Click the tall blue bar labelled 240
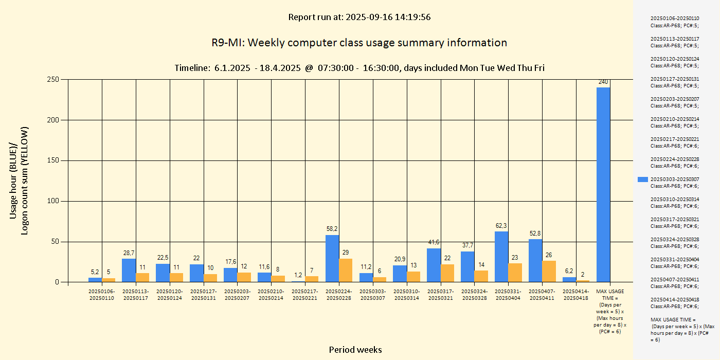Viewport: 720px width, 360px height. click(x=603, y=185)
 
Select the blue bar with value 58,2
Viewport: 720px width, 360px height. click(x=332, y=258)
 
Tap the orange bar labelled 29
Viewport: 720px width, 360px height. click(x=346, y=270)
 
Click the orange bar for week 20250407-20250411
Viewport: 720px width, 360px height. click(x=549, y=271)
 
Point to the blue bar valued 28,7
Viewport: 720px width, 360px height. click(x=129, y=270)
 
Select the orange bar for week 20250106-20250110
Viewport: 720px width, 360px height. click(x=109, y=280)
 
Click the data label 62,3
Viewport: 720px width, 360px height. click(x=501, y=226)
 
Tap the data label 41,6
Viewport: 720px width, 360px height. click(x=434, y=242)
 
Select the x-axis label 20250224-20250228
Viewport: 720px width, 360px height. click(x=339, y=295)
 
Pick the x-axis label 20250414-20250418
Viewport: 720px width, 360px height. click(x=576, y=295)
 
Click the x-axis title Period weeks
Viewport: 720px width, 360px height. click(x=355, y=350)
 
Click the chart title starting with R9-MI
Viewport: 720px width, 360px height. click(x=359, y=43)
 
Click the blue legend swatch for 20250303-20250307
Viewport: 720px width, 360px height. click(x=642, y=179)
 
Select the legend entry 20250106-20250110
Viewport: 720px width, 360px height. click(x=674, y=22)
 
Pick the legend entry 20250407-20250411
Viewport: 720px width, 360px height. click(x=674, y=282)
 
